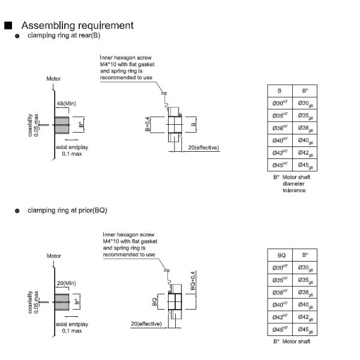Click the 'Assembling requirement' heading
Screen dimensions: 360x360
pyautogui.click(x=77, y=25)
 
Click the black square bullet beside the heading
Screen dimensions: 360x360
pyautogui.click(x=8, y=26)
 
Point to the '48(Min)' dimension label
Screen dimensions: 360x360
pyautogui.click(x=66, y=104)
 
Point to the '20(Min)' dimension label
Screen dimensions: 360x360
pyautogui.click(x=66, y=283)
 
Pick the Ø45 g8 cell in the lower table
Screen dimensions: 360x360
pyautogui.click(x=305, y=330)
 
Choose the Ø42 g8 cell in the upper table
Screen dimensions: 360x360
pyautogui.click(x=305, y=152)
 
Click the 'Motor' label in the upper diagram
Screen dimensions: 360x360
pyautogui.click(x=53, y=79)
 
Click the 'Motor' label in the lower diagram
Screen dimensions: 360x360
pyautogui.click(x=54, y=256)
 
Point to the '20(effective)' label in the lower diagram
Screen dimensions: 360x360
pyautogui.click(x=146, y=324)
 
